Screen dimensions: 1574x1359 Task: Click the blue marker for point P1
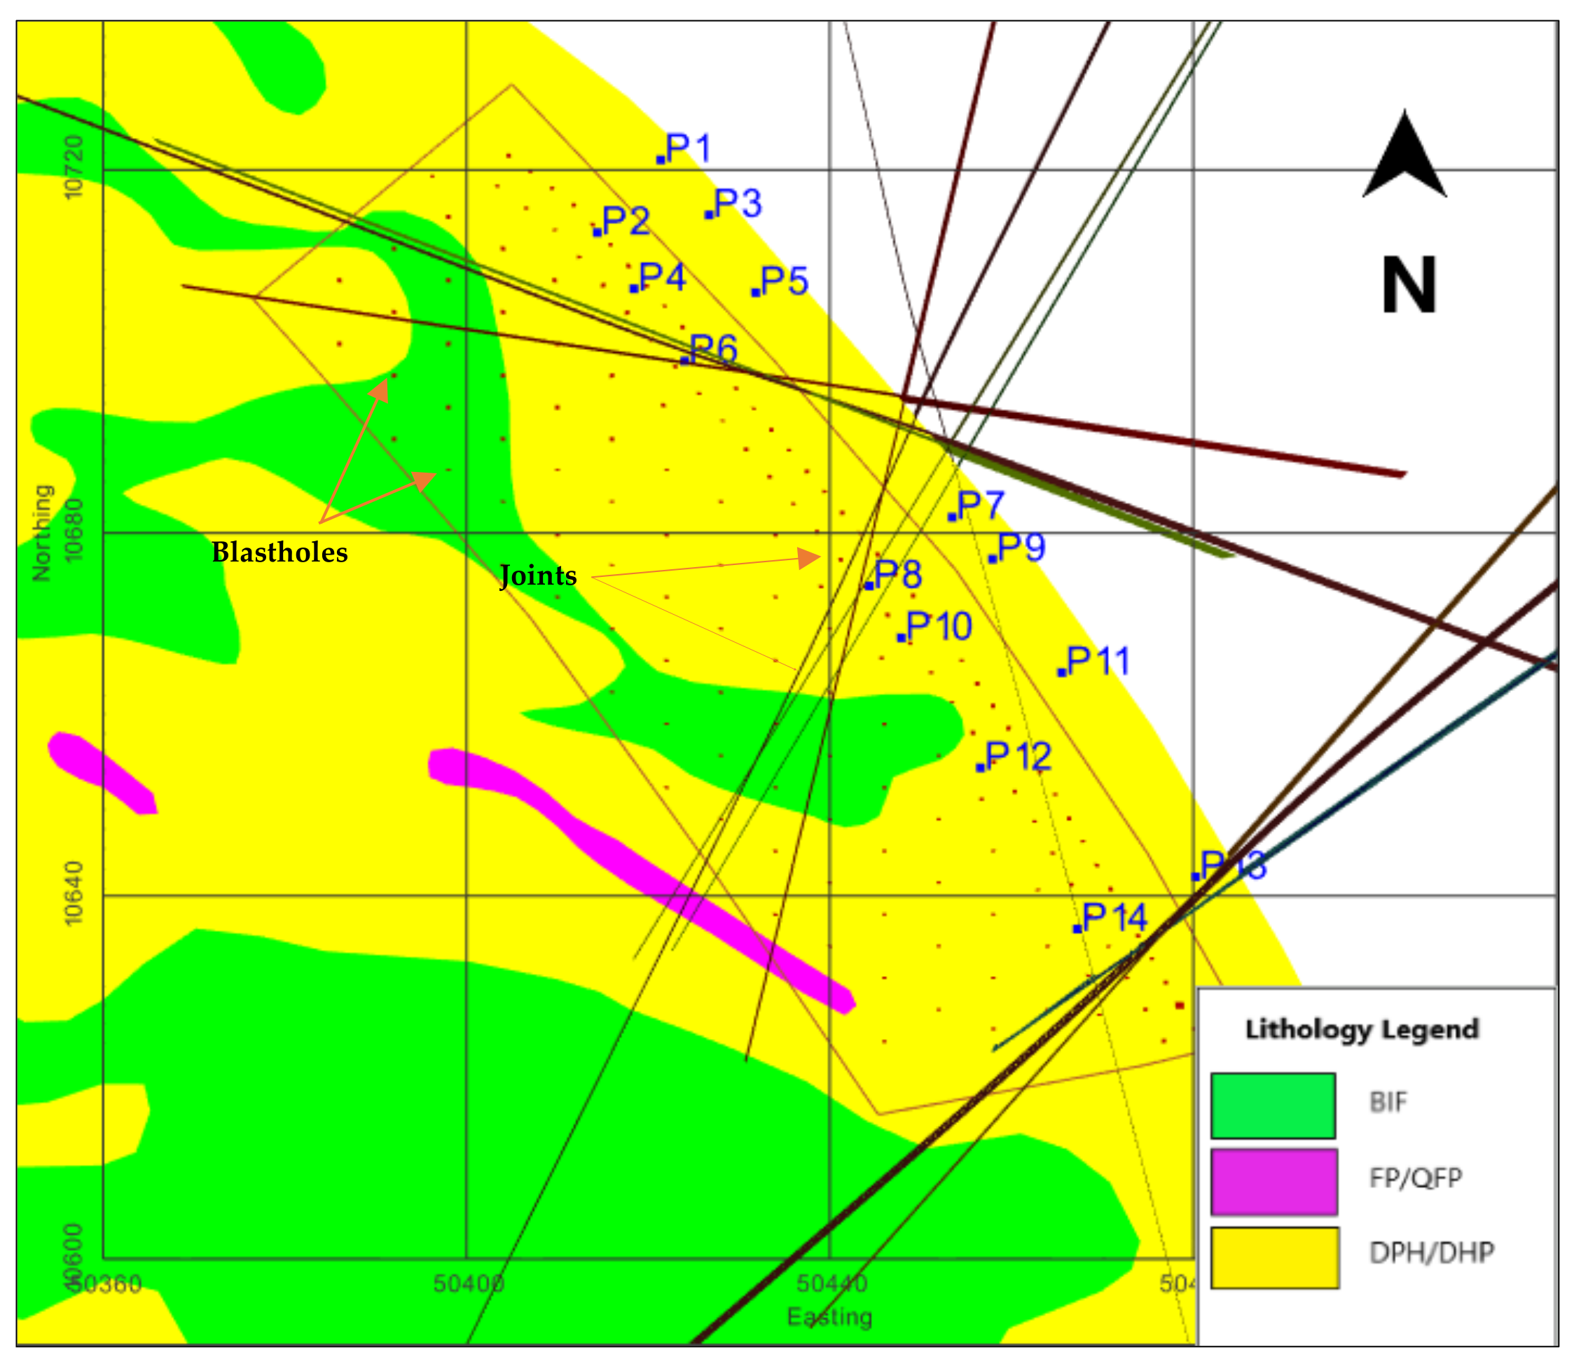point(660,160)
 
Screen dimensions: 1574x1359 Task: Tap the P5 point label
point(784,281)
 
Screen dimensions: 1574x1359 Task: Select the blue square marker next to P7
point(952,517)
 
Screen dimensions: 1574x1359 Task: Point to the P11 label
point(1098,660)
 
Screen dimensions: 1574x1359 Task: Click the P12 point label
point(1019,756)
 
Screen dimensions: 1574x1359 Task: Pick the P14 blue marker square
point(1077,928)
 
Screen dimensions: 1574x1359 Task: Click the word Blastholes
point(279,552)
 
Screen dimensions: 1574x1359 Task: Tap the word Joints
point(538,576)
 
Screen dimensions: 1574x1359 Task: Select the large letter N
point(1409,286)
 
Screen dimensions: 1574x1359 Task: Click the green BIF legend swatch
point(1273,1106)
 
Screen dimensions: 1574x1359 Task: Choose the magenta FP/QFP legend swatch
point(1274,1181)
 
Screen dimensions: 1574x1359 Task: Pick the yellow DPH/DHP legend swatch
point(1274,1257)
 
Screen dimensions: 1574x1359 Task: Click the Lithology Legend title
point(1362,1029)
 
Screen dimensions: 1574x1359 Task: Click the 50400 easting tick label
point(468,1283)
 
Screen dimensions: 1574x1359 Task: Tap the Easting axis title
point(829,1316)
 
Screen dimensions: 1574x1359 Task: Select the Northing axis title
point(43,533)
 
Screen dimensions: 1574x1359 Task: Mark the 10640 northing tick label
point(74,893)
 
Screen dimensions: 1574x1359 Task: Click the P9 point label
point(1022,547)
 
